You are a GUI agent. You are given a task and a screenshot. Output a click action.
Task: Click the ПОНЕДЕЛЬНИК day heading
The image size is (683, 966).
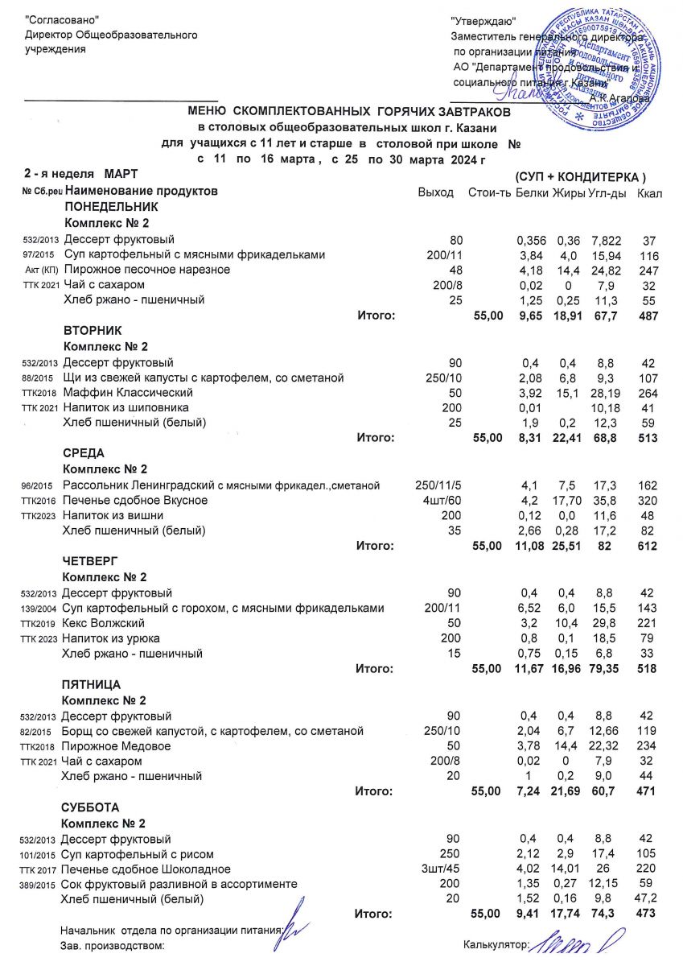pyautogui.click(x=105, y=208)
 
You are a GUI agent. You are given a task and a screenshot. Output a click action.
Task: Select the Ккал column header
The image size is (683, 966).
pyautogui.click(x=649, y=193)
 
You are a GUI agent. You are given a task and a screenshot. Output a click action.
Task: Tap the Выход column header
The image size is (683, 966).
pyautogui.click(x=435, y=193)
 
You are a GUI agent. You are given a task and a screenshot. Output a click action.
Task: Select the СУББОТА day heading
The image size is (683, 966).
pyautogui.click(x=90, y=807)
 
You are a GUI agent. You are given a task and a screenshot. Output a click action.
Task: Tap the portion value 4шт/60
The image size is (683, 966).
pyautogui.click(x=437, y=500)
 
